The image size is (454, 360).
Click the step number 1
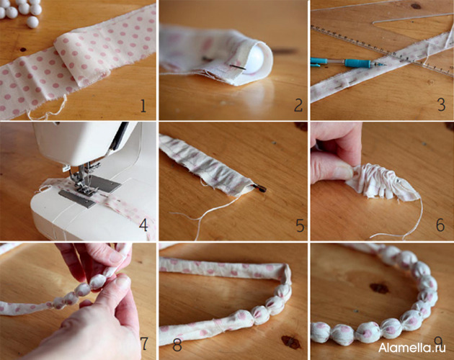143,106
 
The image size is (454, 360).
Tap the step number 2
298,105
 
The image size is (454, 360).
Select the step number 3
441,105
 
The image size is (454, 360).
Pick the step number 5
300,225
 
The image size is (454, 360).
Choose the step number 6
440,225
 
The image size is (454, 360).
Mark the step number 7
144,343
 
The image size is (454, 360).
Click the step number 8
177,344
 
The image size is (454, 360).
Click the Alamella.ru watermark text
411,348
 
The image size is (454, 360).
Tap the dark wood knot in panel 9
379,288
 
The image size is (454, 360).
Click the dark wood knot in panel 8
291,342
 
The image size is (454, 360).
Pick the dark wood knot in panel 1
23,49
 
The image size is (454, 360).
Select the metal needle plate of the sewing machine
90,192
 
